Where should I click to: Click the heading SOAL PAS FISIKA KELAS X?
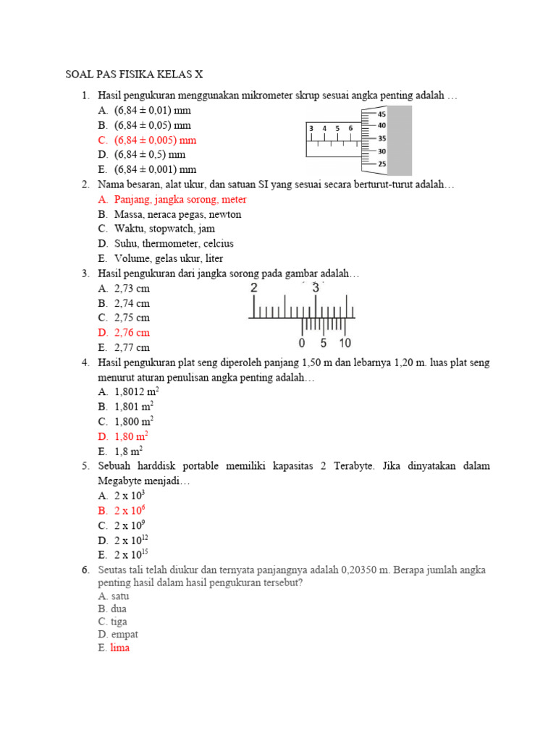(135, 75)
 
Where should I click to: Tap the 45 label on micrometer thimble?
(382, 114)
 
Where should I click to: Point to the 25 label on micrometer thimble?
(382, 164)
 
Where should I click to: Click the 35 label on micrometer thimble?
(382, 139)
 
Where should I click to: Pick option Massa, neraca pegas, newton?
(177, 214)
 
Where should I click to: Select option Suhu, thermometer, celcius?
(174, 244)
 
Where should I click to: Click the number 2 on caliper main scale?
(253, 288)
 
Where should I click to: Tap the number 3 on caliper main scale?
(316, 288)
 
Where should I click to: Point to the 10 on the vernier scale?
(345, 343)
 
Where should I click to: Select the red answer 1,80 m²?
(132, 436)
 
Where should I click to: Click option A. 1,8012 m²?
(137, 391)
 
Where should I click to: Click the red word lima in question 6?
(120, 648)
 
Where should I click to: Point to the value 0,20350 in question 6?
(371, 570)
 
